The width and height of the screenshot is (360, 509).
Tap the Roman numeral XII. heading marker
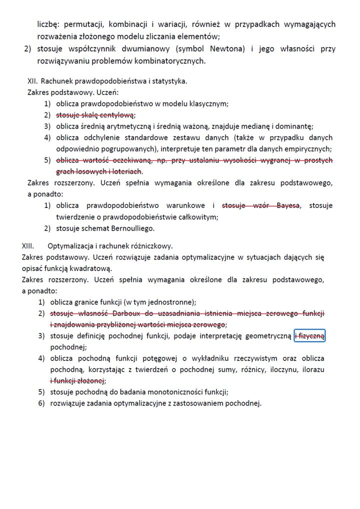pos(33,81)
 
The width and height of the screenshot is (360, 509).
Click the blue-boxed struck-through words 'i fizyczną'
pos(310,336)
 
